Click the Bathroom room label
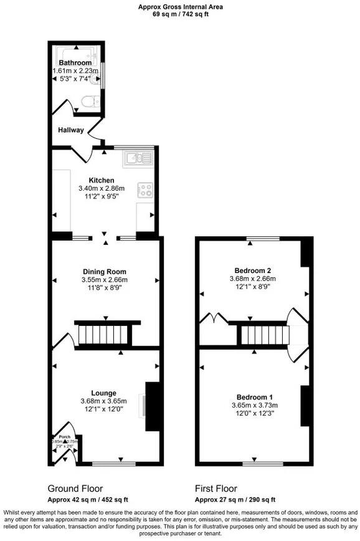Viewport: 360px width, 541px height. click(75, 63)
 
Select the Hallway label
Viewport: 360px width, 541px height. click(71, 130)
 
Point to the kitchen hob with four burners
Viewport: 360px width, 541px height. click(145, 189)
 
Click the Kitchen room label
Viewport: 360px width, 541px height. click(102, 180)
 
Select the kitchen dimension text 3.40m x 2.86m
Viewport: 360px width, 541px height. click(102, 188)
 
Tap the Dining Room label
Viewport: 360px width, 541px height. click(105, 272)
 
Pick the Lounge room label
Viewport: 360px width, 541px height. click(103, 393)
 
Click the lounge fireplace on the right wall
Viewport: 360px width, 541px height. click(150, 406)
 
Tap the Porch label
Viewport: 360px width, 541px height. click(63, 436)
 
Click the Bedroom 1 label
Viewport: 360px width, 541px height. click(254, 397)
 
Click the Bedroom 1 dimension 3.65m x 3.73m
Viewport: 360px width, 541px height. click(254, 405)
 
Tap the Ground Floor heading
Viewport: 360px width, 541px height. click(75, 489)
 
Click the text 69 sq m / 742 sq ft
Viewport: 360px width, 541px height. click(181, 14)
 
